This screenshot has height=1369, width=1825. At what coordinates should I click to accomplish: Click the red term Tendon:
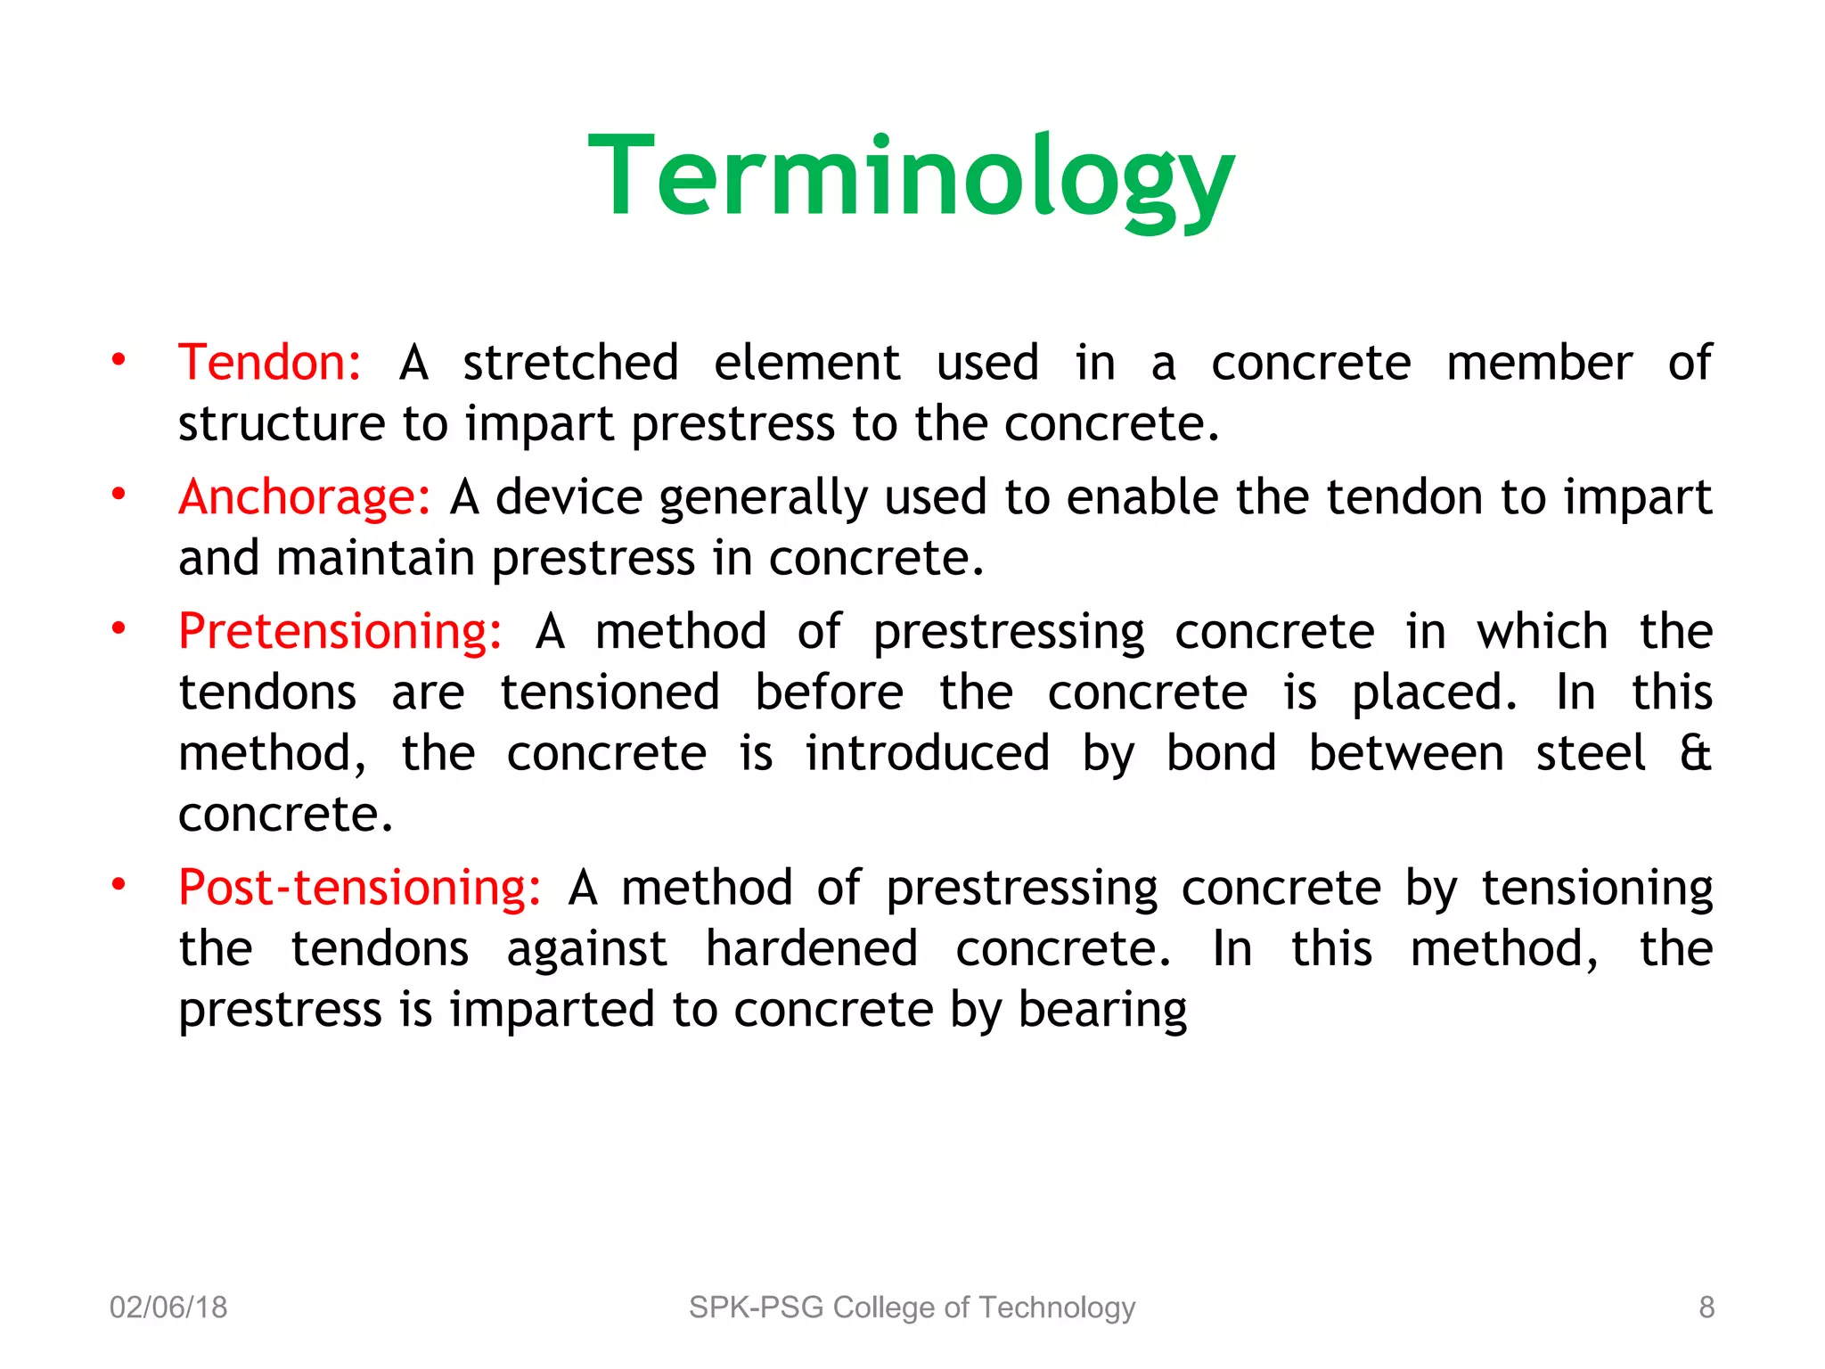(269, 363)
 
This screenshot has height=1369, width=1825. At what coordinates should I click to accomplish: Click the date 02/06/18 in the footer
(168, 1308)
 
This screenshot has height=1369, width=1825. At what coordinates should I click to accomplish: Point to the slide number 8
(1706, 1308)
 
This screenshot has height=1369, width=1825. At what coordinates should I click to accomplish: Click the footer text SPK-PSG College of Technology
(912, 1308)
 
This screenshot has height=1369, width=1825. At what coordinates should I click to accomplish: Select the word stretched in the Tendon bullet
(570, 363)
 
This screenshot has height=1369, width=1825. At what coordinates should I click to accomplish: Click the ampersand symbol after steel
(1695, 753)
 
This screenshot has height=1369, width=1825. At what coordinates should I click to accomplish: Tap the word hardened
(811, 948)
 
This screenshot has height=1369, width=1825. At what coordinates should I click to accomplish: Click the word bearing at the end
(1102, 1011)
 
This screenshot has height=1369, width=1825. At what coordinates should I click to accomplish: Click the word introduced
(927, 753)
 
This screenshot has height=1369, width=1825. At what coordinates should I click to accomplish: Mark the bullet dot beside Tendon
(118, 360)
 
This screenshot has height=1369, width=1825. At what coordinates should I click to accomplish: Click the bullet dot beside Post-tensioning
(118, 885)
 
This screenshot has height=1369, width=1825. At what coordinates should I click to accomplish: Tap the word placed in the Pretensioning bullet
(1435, 693)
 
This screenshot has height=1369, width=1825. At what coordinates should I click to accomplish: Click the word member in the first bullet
(1539, 363)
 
